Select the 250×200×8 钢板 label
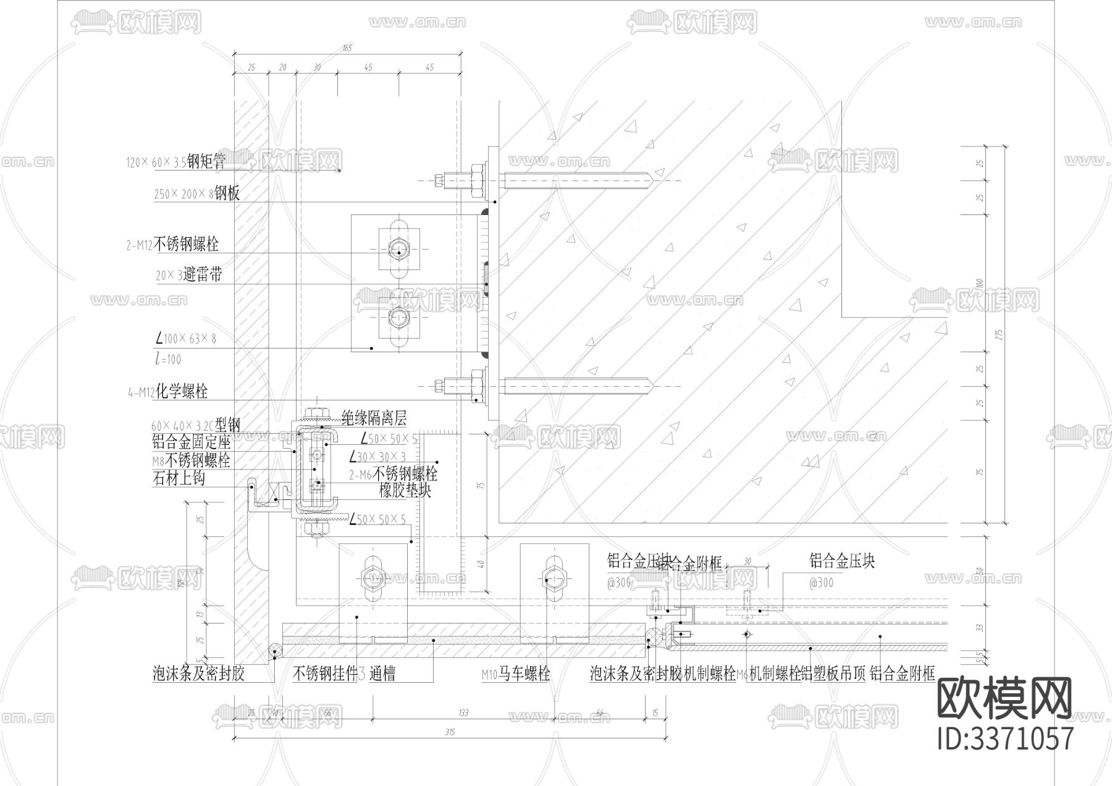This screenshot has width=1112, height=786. (x=196, y=193)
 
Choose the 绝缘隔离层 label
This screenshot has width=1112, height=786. (x=374, y=419)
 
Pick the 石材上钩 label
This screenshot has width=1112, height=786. (x=179, y=478)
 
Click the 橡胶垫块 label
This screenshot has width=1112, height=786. (x=405, y=491)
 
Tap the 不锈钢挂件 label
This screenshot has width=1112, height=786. (x=325, y=674)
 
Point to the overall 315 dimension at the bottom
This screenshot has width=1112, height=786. (x=449, y=732)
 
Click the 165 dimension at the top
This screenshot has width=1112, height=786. (x=347, y=48)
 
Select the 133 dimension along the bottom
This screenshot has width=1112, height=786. (x=463, y=712)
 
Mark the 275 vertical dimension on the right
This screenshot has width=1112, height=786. (x=1000, y=334)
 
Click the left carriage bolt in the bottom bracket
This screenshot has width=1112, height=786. (x=373, y=578)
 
